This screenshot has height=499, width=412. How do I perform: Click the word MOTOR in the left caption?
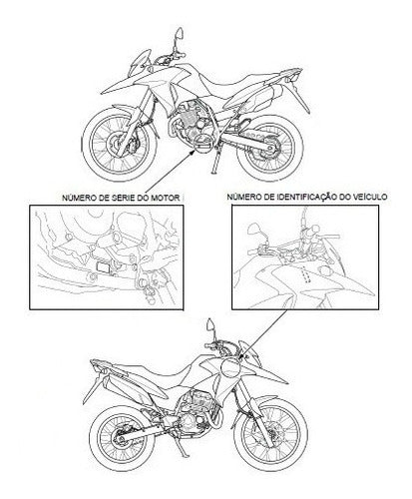pos(166,198)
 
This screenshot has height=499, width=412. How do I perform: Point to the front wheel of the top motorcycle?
pos(120,144)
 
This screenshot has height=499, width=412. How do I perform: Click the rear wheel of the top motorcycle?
pos(270,148)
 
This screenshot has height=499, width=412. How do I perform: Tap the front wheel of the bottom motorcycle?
pos(270,434)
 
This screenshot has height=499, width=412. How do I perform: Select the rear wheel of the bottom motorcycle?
pos(123,438)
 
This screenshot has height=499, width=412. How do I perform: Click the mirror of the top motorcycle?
pos(180,33)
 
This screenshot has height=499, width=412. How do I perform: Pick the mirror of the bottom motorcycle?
pos(210,324)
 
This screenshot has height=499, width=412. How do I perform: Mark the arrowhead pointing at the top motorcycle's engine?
pos(192,153)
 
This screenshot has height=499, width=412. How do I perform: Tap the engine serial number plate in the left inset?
pos(104,267)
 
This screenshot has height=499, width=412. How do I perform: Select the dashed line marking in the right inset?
pos(306,274)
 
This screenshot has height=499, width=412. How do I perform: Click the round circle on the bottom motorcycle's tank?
pos(230,367)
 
